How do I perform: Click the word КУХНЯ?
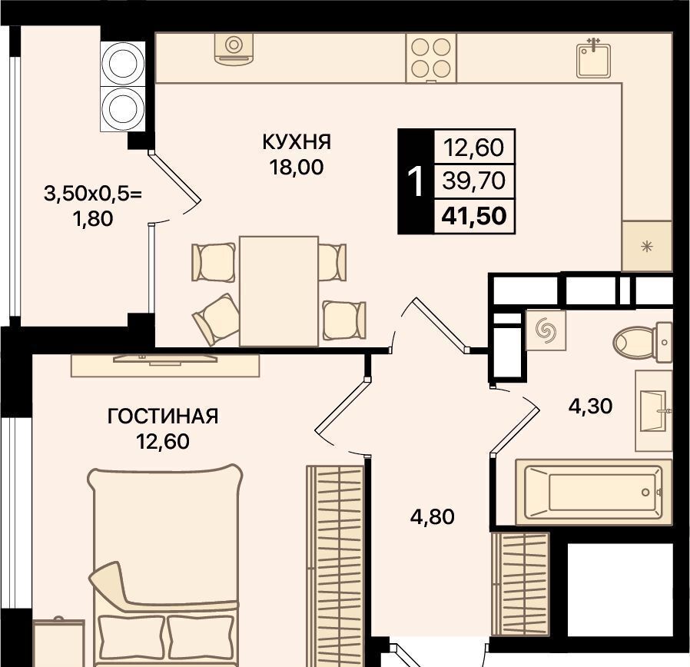(297, 142)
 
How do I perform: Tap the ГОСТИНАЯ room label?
(163, 416)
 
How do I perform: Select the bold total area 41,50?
(474, 216)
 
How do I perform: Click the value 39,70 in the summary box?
(473, 181)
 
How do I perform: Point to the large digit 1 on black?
(416, 181)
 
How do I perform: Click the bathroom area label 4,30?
(590, 406)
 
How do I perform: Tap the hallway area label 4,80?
(432, 516)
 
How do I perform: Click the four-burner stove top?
(431, 58)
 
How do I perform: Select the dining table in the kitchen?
(279, 291)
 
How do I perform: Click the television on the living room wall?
(165, 360)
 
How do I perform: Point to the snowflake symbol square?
(646, 246)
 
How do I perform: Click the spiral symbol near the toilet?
(546, 330)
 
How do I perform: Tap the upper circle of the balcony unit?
(122, 63)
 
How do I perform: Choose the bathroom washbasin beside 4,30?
(654, 411)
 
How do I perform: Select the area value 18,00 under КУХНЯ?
(297, 168)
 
